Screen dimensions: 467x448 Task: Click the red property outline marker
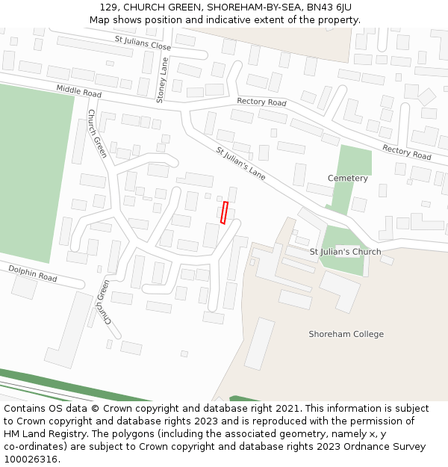pyautogui.click(x=224, y=212)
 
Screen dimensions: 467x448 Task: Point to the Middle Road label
pyautogui.click(x=78, y=92)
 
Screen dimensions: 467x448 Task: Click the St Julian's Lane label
pyautogui.click(x=240, y=163)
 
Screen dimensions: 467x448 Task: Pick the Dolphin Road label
pyautogui.click(x=32, y=273)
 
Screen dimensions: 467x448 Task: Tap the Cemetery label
pyautogui.click(x=348, y=179)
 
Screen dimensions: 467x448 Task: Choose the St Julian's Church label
pyautogui.click(x=345, y=252)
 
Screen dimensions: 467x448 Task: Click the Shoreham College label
pyautogui.click(x=346, y=334)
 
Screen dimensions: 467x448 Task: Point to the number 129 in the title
pyautogui.click(x=108, y=7)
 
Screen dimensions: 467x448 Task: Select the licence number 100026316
pyautogui.click(x=31, y=459)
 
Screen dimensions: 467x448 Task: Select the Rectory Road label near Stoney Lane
pyautogui.click(x=261, y=102)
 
